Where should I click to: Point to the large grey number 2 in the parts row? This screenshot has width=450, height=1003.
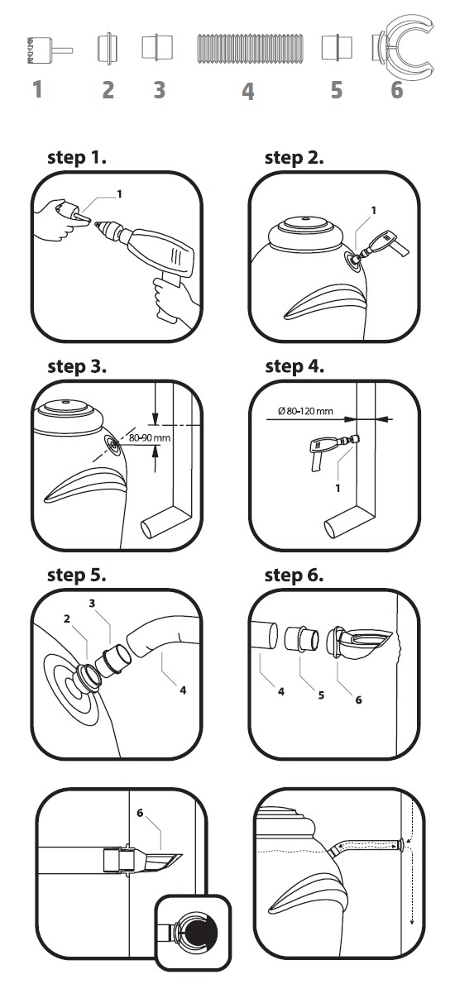[108, 90]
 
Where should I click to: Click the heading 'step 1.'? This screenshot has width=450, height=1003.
[77, 158]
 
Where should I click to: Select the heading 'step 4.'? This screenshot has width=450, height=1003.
[294, 367]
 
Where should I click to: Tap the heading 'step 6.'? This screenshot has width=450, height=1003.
[294, 576]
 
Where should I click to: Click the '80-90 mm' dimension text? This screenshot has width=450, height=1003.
[150, 437]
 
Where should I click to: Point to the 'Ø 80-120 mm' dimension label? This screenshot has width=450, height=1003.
[305, 411]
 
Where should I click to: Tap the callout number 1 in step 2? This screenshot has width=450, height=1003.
[374, 210]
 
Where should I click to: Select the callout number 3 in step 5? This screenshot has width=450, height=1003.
[92, 603]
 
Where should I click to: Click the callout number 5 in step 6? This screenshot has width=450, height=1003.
[321, 695]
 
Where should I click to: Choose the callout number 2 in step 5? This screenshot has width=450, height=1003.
[67, 619]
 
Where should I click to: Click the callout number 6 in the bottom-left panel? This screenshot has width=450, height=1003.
[140, 813]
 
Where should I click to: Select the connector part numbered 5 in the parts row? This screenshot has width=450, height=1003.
[337, 47]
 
